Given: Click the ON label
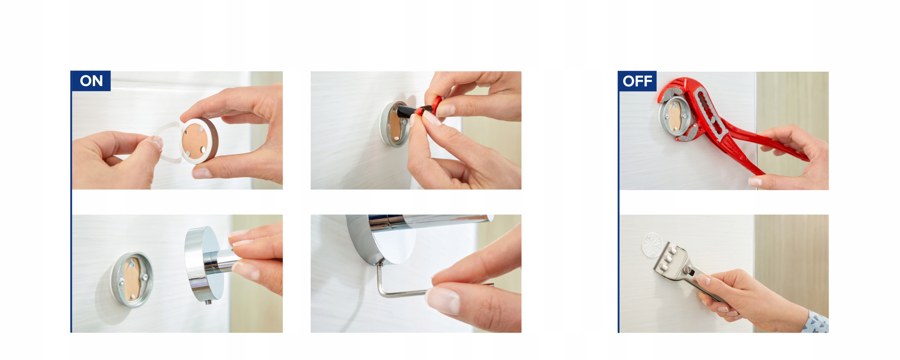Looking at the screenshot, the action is click(x=91, y=81).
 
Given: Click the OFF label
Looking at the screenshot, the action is click(x=637, y=81).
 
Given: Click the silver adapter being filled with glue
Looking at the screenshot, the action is click(x=394, y=124).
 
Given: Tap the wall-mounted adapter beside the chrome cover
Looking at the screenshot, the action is click(x=131, y=279).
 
